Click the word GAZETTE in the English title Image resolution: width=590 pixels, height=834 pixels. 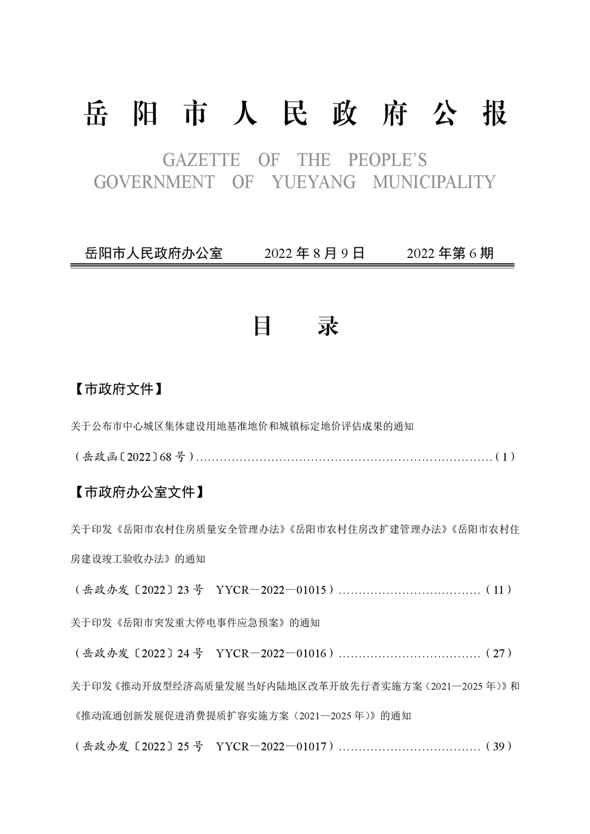click(x=201, y=160)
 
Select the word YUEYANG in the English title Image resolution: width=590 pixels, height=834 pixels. click(x=313, y=182)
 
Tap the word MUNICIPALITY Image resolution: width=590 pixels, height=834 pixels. click(x=434, y=182)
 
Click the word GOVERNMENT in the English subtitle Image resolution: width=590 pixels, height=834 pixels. click(x=154, y=182)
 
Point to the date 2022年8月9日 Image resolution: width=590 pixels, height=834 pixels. click(x=314, y=253)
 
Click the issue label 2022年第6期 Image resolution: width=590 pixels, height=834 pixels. click(x=450, y=253)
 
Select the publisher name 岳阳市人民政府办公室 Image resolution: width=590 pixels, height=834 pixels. click(x=153, y=253)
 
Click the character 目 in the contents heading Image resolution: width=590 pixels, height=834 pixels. click(x=262, y=326)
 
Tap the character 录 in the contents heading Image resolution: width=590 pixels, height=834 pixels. click(x=328, y=326)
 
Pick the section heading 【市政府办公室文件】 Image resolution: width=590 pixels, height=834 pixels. click(x=139, y=492)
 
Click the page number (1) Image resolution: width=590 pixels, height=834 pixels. click(x=504, y=457)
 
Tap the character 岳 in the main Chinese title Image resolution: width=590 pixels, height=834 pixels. click(x=96, y=113)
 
